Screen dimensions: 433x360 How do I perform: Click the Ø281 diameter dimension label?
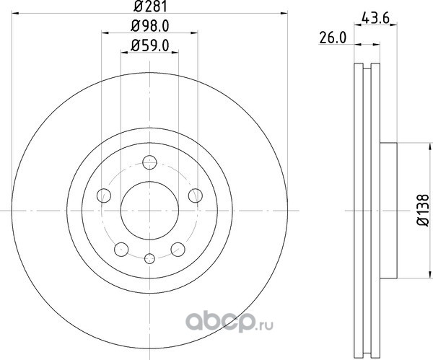(x=151, y=6)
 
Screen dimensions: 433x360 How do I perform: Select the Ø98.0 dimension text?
(x=149, y=26)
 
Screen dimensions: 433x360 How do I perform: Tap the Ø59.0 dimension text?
(x=149, y=45)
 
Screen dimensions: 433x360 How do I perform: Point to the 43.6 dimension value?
(x=375, y=19)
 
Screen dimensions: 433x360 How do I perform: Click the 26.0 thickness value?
(x=333, y=38)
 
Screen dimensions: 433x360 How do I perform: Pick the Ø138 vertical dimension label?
(x=424, y=211)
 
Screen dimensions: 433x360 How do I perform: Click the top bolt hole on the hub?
(x=149, y=162)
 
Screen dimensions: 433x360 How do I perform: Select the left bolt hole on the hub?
(x=104, y=196)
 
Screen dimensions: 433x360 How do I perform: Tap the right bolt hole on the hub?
(x=196, y=196)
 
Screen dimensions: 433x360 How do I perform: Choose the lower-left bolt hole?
(x=121, y=250)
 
